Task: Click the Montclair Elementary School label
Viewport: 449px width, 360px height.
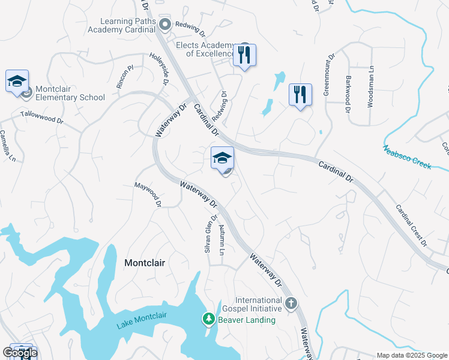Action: point(70,93)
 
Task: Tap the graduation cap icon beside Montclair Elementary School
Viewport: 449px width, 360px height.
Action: point(17,81)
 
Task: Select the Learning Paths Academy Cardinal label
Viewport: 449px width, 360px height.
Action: point(121,25)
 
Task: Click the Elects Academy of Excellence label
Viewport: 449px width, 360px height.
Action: point(204,49)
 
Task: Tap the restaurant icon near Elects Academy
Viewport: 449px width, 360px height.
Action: point(244,55)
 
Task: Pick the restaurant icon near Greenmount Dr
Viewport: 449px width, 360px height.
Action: point(300,94)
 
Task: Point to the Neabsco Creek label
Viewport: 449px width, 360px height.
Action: point(407,157)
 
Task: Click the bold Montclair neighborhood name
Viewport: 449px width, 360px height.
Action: point(144,263)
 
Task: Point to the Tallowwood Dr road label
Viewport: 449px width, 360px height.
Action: point(41,116)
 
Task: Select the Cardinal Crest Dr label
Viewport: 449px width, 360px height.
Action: point(411,226)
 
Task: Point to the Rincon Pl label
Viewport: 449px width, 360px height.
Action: point(127,77)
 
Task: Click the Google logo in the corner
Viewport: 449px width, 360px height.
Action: point(20,353)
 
